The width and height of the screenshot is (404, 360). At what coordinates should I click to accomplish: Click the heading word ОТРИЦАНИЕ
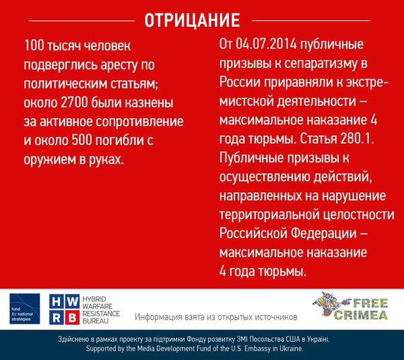point(192,20)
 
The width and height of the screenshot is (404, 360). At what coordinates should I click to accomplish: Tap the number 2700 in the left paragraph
point(75,102)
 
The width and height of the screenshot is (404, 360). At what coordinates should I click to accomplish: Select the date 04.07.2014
point(266,44)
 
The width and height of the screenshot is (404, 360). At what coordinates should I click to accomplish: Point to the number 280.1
point(357,139)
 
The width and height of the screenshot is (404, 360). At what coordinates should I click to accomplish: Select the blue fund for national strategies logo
point(25,309)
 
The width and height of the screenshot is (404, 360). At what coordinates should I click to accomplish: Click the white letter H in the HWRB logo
point(56,302)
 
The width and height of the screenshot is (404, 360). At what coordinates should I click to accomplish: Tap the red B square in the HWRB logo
point(72,318)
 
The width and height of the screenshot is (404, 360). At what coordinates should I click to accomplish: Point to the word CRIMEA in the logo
point(361,315)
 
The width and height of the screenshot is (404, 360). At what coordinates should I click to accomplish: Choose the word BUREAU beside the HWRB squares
point(96,321)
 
